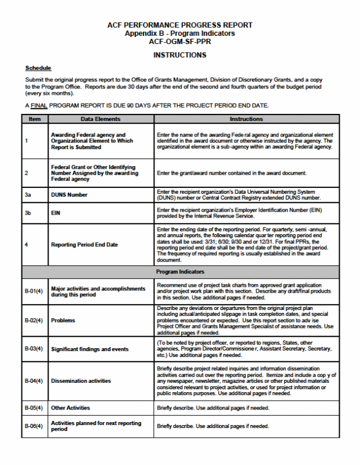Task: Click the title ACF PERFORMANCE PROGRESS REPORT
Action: pyautogui.click(x=179, y=25)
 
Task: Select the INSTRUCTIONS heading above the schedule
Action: pyautogui.click(x=179, y=56)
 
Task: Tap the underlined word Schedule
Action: pyautogui.click(x=38, y=68)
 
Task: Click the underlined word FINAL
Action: pyautogui.click(x=39, y=106)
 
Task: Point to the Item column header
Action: pyautogui.click(x=35, y=119)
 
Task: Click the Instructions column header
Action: pyautogui.click(x=246, y=119)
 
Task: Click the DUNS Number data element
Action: pyautogui.click(x=69, y=195)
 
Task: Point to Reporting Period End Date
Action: pyautogui.click(x=84, y=245)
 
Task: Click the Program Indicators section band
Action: pyautogui.click(x=179, y=271)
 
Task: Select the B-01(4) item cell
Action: pyautogui.click(x=34, y=291)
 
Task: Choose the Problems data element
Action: pyautogui.click(x=63, y=320)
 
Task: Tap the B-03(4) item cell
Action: pyautogui.click(x=34, y=349)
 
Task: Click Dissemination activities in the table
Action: pyautogui.click(x=81, y=381)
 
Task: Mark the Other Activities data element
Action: pyautogui.click(x=71, y=408)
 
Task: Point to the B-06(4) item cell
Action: pyautogui.click(x=34, y=426)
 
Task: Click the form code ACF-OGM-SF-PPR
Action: pyautogui.click(x=179, y=42)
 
